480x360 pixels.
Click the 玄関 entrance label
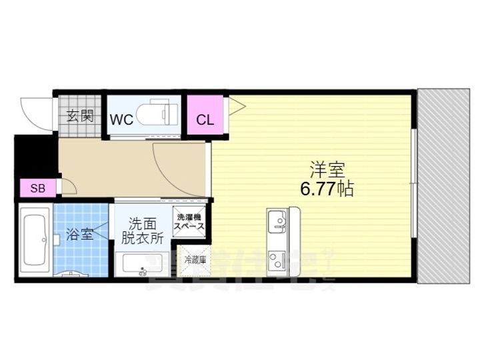tap(79, 117)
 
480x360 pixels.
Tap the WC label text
tap(121, 120)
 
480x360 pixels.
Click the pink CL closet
tap(204, 121)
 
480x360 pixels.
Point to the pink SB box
tap(37, 189)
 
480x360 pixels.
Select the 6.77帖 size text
tap(327, 189)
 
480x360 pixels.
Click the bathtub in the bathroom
tap(33, 241)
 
